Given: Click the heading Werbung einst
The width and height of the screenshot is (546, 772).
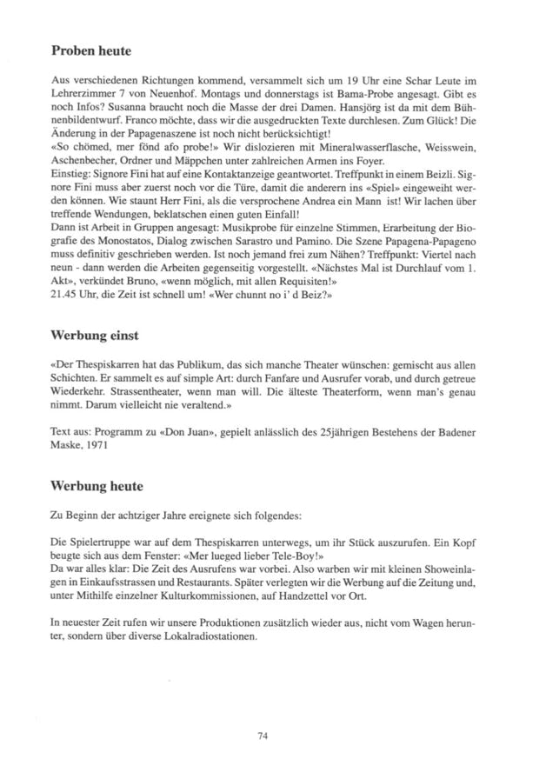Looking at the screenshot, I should pyautogui.click(x=96, y=333).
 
